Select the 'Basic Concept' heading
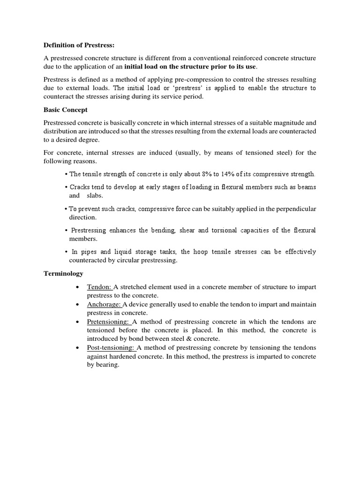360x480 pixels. [66, 110]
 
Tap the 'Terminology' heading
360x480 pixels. [63, 273]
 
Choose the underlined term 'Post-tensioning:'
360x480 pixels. [111, 347]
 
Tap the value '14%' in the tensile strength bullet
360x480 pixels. [228, 174]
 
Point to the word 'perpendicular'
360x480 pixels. [295, 209]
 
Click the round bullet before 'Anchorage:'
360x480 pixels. [77, 304]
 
